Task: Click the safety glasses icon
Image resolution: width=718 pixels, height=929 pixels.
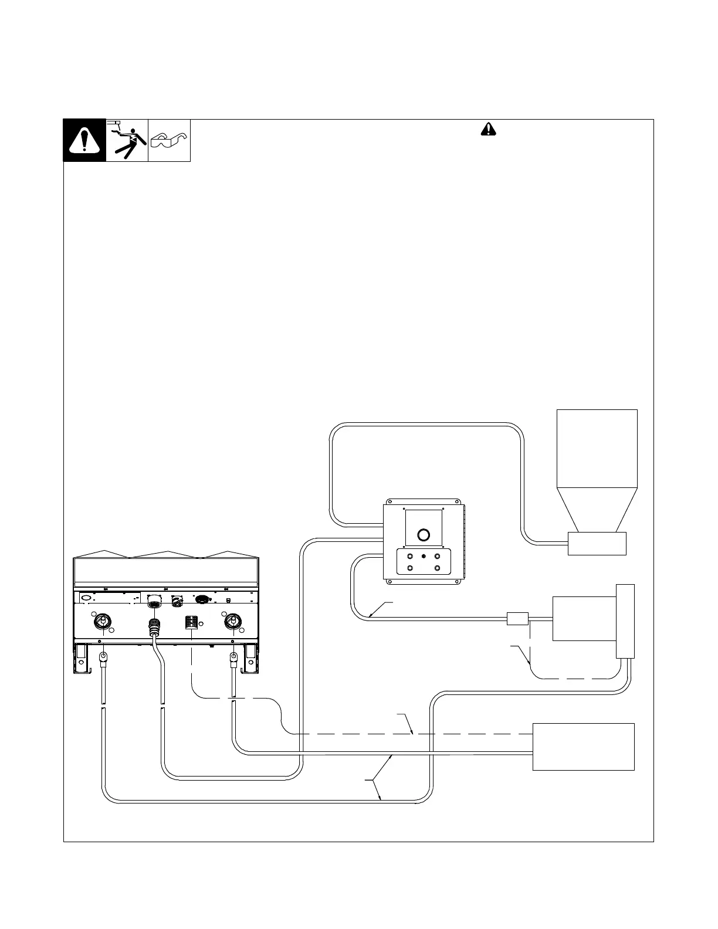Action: click(169, 140)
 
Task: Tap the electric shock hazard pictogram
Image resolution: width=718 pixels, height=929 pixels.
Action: click(127, 140)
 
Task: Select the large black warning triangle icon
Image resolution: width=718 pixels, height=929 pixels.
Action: click(84, 140)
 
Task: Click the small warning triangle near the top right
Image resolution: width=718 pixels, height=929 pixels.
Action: click(488, 130)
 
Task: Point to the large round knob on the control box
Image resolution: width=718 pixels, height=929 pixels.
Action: click(423, 534)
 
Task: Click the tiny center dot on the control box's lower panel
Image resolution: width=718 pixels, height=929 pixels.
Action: click(423, 556)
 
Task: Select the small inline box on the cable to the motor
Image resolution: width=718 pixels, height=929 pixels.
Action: click(517, 619)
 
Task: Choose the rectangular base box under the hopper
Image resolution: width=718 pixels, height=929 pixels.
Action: click(597, 543)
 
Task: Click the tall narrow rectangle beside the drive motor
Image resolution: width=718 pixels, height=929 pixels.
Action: click(625, 621)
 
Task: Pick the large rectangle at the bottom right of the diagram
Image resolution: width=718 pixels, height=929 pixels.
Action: click(583, 747)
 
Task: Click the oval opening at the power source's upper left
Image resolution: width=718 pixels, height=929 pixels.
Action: click(86, 598)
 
